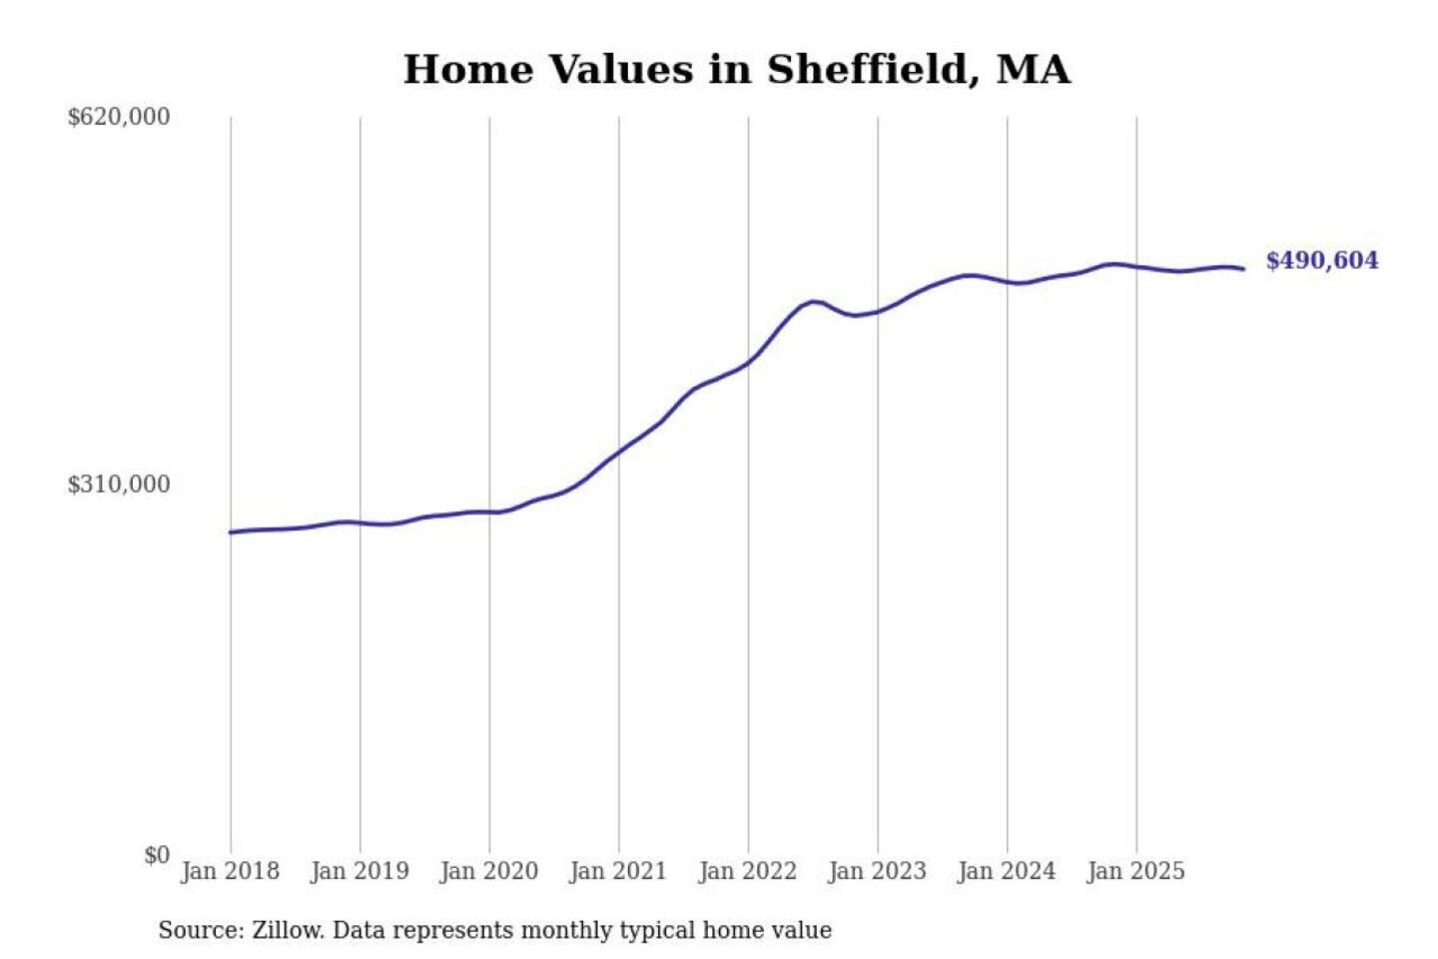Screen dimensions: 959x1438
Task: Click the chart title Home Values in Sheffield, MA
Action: tap(737, 70)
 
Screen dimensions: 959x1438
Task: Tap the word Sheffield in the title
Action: tap(866, 70)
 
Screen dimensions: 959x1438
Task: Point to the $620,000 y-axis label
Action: tap(119, 117)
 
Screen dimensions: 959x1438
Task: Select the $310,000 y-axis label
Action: tap(119, 484)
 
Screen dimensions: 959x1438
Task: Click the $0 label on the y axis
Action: tap(157, 855)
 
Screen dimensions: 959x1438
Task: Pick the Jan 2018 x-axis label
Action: tap(230, 871)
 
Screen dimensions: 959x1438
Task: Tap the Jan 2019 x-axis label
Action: tap(359, 871)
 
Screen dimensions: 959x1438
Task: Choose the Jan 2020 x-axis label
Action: tap(489, 871)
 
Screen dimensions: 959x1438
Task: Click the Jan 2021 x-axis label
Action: tap(618, 871)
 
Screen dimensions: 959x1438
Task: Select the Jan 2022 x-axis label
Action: tap(748, 871)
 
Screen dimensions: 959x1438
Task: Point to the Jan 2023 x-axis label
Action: tap(878, 871)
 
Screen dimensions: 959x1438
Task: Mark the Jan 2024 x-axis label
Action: tap(1007, 871)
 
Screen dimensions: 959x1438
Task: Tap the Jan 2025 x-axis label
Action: tap(1136, 871)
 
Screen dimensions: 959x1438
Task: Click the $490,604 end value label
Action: tap(1322, 261)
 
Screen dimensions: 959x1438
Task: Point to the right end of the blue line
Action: tap(1243, 269)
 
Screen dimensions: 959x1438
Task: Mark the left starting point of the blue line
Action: tap(231, 532)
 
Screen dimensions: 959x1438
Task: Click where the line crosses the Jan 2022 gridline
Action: tap(748, 362)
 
